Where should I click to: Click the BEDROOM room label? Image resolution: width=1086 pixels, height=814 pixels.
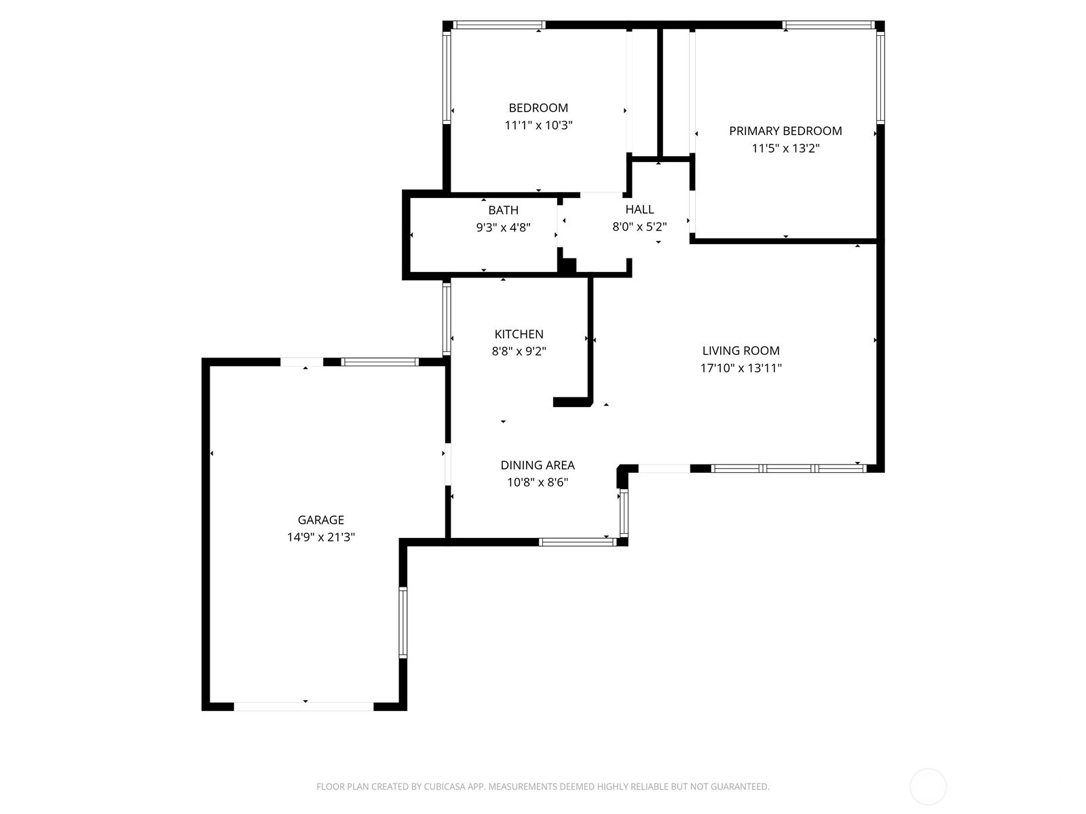point(538,108)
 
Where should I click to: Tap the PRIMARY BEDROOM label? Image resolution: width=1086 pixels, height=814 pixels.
point(785,131)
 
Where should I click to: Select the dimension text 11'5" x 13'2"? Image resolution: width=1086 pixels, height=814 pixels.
point(785,149)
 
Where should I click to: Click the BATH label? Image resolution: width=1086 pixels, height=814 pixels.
point(503,210)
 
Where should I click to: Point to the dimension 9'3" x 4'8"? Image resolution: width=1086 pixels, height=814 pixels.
point(503,227)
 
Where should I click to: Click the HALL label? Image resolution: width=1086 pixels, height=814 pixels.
point(639,210)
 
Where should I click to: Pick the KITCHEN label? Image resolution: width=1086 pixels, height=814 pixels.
point(519,334)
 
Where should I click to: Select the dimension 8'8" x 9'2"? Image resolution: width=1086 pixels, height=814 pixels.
point(519,351)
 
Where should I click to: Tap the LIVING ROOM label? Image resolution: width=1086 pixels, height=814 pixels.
point(740,351)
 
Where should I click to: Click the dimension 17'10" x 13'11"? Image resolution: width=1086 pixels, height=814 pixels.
point(741,368)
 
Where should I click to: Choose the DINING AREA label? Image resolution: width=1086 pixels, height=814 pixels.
point(538,465)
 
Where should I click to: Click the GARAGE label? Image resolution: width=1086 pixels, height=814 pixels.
point(320,520)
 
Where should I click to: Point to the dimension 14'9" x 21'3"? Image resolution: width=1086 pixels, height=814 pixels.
point(320,537)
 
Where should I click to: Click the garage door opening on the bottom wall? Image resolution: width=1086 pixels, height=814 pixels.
point(303,706)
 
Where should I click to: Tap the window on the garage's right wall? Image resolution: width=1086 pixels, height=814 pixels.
point(402,622)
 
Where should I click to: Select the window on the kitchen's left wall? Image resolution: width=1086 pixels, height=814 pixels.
point(446,318)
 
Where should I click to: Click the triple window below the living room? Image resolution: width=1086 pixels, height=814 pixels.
point(789,469)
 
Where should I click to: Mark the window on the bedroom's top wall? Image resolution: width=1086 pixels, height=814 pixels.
point(499,25)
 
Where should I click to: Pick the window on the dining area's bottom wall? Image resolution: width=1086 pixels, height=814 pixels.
point(578,542)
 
